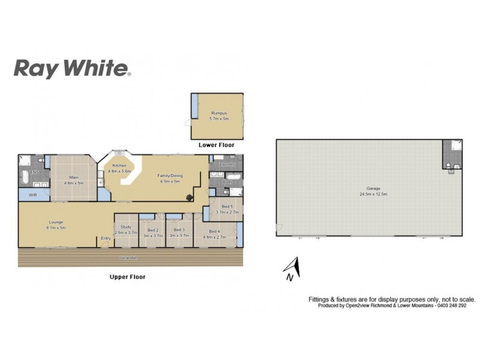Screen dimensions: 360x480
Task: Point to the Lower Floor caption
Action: (217, 145)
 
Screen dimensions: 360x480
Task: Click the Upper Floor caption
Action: (127, 277)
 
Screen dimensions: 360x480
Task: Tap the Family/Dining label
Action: (169, 178)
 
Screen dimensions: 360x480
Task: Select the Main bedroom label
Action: (73, 179)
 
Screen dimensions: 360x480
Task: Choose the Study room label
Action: (126, 229)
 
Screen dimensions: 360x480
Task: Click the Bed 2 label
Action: (152, 232)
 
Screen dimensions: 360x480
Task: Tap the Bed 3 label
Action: (179, 232)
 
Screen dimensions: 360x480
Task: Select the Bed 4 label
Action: (214, 233)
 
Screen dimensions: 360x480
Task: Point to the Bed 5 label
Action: (223, 209)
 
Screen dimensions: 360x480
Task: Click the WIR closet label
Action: (34, 195)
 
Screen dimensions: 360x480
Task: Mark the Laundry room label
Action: (226, 164)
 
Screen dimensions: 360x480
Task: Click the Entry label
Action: (106, 238)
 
